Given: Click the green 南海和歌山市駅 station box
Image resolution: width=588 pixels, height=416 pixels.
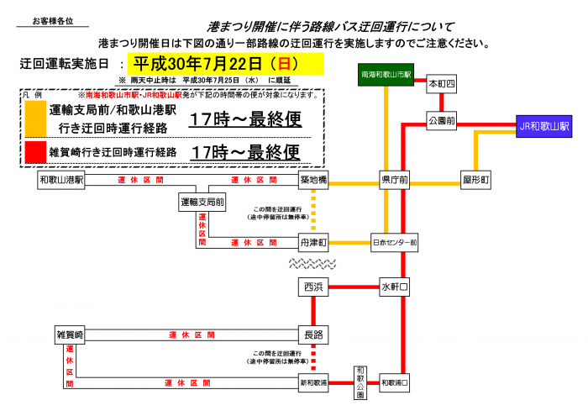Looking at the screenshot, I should (x=385, y=76).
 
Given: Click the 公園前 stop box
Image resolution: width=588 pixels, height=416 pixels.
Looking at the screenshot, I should (x=441, y=121).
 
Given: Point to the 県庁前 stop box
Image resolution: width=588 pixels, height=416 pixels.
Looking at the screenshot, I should (x=394, y=180).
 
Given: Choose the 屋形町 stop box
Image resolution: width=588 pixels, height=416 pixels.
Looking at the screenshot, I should (x=475, y=180).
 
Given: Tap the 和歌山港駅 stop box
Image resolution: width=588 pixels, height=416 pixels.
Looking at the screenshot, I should (x=62, y=180).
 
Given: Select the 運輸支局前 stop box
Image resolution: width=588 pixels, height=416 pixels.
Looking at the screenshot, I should (x=202, y=203).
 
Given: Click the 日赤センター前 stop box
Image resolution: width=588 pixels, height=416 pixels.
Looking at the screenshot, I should (x=394, y=242).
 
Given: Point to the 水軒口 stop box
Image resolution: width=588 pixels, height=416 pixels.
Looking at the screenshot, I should (x=394, y=287).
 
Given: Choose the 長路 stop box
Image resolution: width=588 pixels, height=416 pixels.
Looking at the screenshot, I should (x=312, y=334).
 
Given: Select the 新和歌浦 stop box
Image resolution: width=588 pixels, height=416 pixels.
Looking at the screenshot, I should (x=312, y=382).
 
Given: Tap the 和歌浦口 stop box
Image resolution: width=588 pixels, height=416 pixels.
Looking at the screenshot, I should (x=394, y=382).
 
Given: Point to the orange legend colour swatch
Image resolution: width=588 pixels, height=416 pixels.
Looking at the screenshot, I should (x=33, y=118).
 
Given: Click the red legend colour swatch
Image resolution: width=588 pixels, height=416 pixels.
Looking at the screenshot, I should (x=33, y=151).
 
